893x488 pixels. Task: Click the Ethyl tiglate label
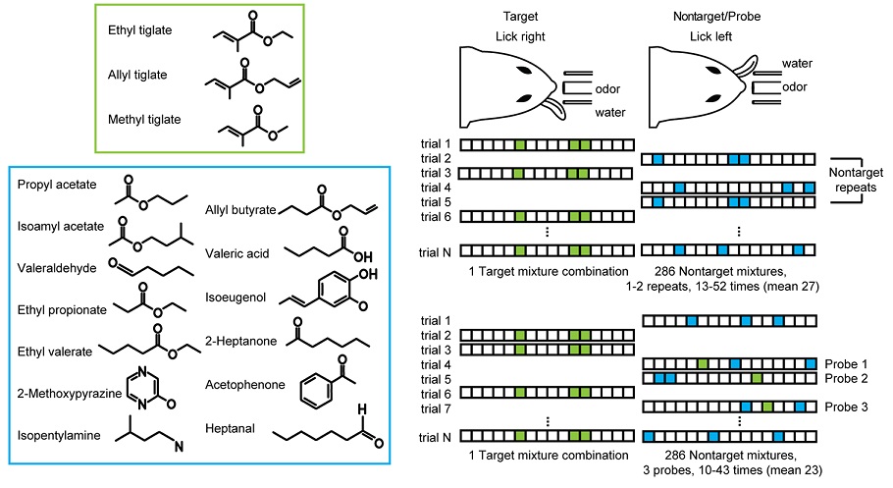point(139,30)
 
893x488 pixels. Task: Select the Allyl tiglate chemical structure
point(253,79)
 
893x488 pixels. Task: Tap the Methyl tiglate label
point(144,120)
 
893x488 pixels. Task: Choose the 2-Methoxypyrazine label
point(70,394)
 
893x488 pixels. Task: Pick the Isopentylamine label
point(59,436)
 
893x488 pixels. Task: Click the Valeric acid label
point(236,253)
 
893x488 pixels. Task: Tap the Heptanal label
point(230,429)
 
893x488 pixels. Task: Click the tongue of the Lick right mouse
point(554,107)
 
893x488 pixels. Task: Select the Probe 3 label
point(846,407)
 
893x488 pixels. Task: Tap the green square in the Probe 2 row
point(757,378)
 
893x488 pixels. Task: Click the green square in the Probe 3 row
point(767,407)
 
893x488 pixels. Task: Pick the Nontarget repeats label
point(856,180)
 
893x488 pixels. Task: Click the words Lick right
point(520,36)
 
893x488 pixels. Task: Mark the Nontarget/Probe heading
point(716,16)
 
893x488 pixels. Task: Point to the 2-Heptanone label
point(240,341)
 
